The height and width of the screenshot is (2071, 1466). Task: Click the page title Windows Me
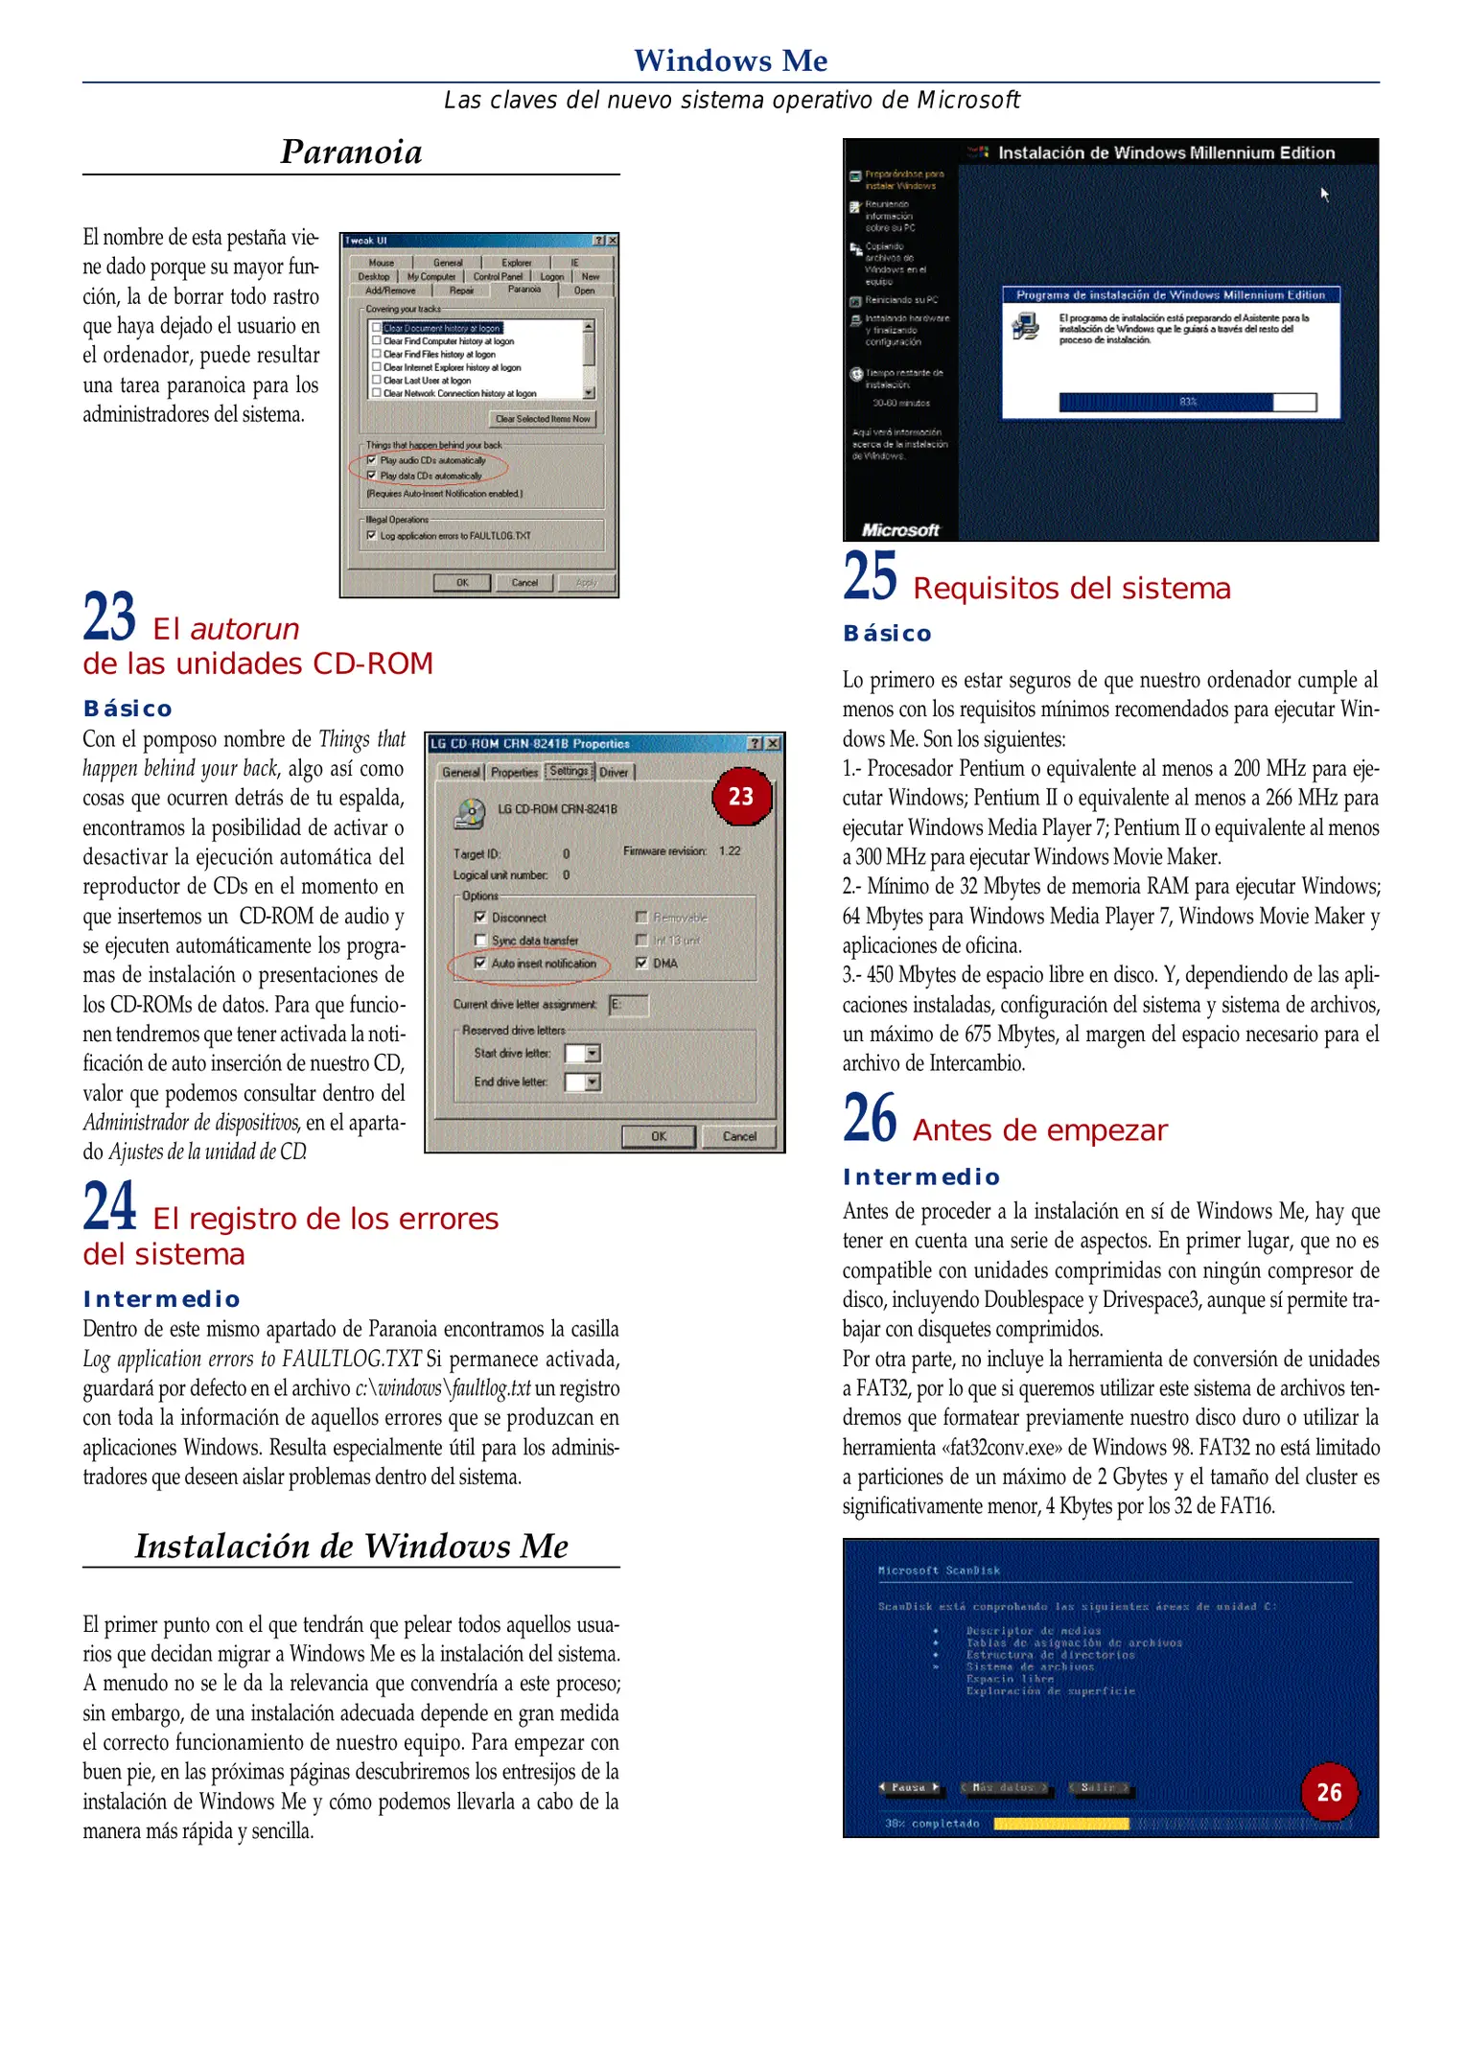(731, 60)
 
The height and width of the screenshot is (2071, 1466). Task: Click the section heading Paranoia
(351, 152)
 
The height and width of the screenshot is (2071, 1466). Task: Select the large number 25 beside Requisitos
(870, 576)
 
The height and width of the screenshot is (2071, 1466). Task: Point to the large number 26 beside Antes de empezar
(870, 1118)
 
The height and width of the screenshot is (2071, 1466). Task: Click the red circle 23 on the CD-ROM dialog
(741, 796)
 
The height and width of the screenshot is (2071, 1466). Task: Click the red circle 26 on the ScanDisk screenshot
(1329, 1792)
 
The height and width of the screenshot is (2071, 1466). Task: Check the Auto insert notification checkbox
(481, 963)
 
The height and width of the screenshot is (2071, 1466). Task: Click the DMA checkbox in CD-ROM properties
(641, 963)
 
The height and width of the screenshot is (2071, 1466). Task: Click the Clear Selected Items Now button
(543, 419)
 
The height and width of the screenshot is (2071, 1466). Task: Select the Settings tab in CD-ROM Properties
(570, 771)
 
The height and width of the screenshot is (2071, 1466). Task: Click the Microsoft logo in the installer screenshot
(899, 530)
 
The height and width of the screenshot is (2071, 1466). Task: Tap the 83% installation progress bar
(1187, 402)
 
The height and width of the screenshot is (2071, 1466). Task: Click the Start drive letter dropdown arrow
(593, 1054)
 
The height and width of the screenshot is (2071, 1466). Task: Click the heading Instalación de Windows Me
(351, 1547)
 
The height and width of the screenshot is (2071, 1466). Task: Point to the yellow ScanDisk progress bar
(1060, 1824)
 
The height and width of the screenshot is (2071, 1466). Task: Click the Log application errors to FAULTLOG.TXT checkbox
(372, 536)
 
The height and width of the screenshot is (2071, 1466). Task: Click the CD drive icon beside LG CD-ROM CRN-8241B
(470, 813)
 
